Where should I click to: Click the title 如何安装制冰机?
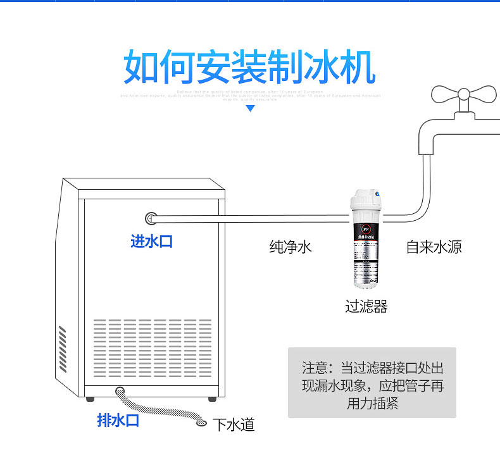pos(249,66)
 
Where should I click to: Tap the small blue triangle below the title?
pos(250,109)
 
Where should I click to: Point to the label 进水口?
pos(151,241)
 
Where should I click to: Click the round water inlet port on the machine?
pos(152,219)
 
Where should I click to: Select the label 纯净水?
pos(291,247)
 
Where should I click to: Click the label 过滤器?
pos(366,307)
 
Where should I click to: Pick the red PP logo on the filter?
pos(365,230)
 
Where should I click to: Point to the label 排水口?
pos(118,420)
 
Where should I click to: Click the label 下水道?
pos(234,425)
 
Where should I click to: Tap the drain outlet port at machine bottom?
pos(120,391)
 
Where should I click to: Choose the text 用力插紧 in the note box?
pos(372,404)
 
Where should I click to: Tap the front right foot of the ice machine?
pos(210,398)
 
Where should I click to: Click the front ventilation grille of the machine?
pos(153,349)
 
